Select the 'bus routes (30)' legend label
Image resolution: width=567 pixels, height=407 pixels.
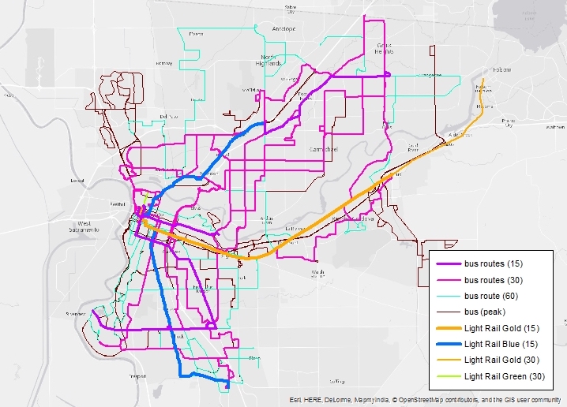494,280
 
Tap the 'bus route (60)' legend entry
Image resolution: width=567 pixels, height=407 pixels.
493,296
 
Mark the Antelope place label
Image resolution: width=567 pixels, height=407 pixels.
283,29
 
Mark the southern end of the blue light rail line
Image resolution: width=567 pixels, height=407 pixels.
227,386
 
